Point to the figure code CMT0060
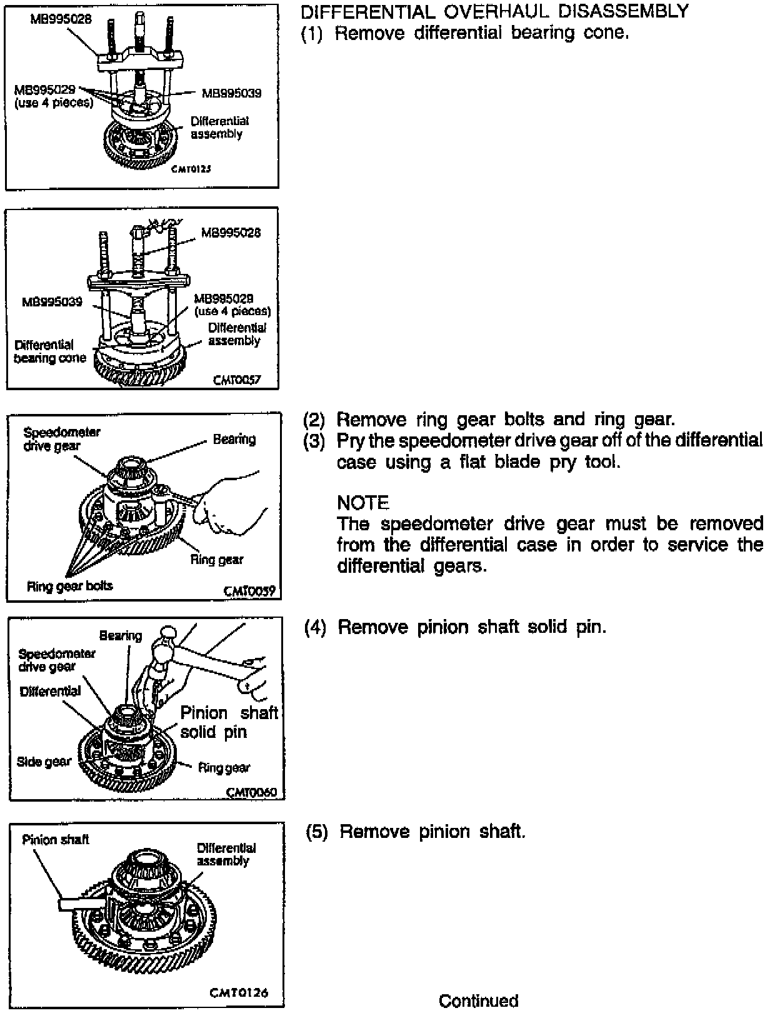click(251, 792)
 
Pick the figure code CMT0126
click(241, 992)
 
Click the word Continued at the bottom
click(478, 1000)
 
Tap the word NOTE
click(362, 503)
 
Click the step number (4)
click(315, 627)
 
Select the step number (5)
click(316, 832)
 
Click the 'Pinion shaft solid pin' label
click(228, 722)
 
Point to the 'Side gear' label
click(44, 762)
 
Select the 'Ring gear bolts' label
click(69, 586)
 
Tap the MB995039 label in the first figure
click(231, 93)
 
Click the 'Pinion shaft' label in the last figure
click(56, 839)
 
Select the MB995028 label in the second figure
click(231, 233)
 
